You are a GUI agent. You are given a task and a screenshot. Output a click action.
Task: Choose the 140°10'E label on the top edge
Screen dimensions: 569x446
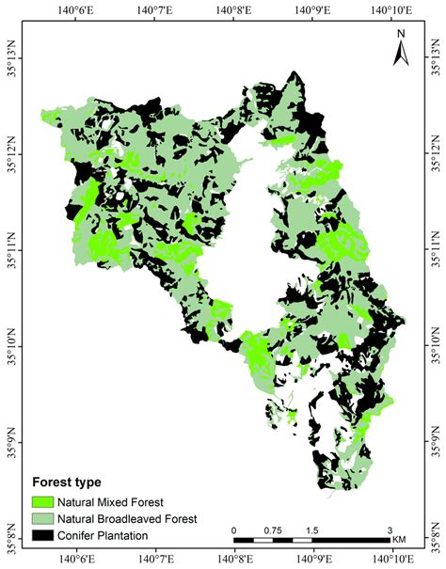click(392, 8)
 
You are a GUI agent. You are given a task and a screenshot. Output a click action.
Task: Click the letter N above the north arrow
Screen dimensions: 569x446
click(400, 34)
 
